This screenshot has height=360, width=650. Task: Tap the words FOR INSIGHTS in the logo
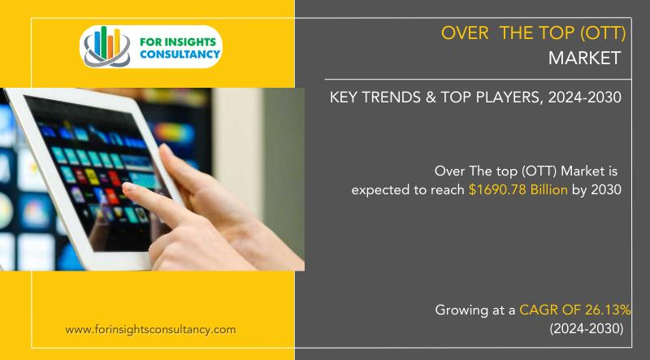pyautogui.click(x=178, y=42)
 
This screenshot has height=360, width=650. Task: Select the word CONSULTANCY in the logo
pyautogui.click(x=180, y=54)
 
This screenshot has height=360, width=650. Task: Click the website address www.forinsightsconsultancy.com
pyautogui.click(x=150, y=330)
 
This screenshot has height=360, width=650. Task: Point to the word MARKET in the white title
pyautogui.click(x=584, y=58)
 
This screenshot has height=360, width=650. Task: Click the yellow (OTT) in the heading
pyautogui.click(x=603, y=33)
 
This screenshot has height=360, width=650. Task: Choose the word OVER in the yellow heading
pyautogui.click(x=465, y=33)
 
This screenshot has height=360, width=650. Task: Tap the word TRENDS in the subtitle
pyautogui.click(x=394, y=98)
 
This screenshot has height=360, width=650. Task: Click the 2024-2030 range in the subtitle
pyautogui.click(x=584, y=98)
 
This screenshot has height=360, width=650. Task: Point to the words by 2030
pyautogui.click(x=597, y=190)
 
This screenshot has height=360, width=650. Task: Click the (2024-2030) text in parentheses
pyautogui.click(x=587, y=329)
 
